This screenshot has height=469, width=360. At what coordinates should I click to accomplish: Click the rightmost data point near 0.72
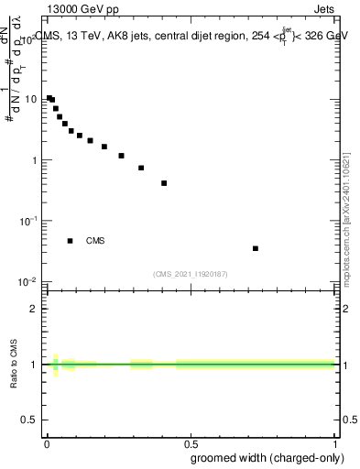pos(256,248)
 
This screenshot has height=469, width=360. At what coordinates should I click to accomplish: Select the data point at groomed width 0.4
pos(164,183)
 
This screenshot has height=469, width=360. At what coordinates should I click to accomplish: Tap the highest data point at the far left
pos(49,98)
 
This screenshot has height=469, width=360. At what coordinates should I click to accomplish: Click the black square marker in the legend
pos(70,241)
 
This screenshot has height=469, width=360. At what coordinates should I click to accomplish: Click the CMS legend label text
pos(95,241)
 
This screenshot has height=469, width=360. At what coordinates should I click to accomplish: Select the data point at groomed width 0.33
pos(141,168)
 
